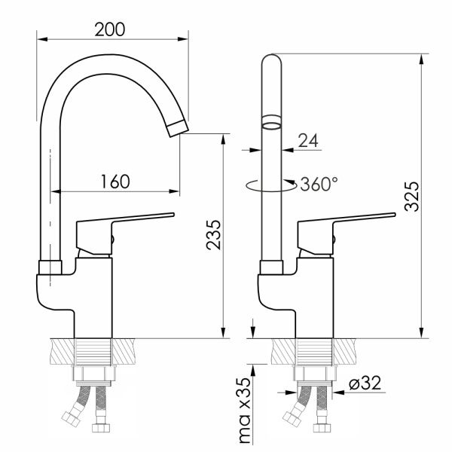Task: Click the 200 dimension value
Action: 110,29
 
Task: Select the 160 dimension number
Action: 115,182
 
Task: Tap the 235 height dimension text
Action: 214,234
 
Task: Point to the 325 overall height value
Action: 411,197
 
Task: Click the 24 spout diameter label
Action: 308,141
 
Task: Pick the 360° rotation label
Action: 319,184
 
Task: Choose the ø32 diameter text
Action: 365,383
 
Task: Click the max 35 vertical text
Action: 245,411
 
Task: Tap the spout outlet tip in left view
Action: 178,129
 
